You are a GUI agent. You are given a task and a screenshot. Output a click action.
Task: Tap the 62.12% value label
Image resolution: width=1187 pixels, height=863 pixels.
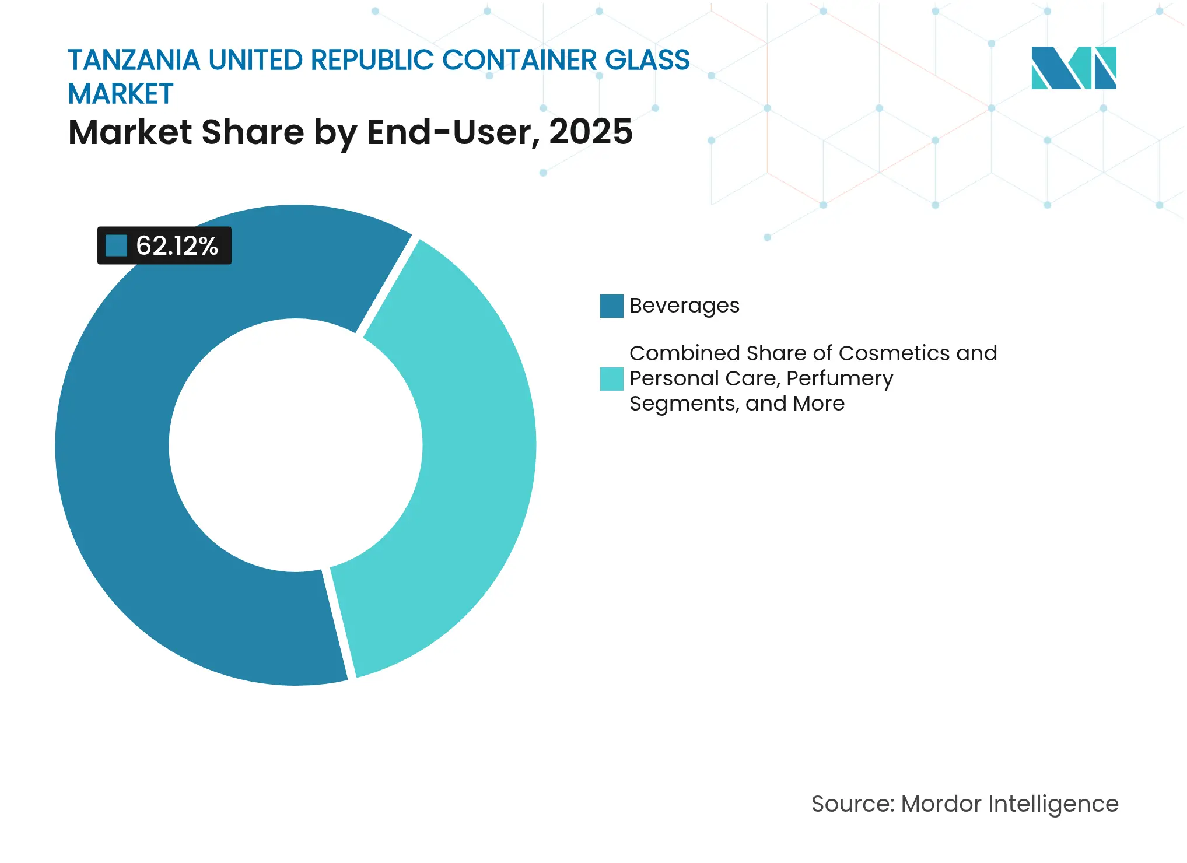[x=177, y=246]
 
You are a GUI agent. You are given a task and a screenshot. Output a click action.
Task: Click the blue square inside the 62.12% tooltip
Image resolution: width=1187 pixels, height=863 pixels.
[x=116, y=245]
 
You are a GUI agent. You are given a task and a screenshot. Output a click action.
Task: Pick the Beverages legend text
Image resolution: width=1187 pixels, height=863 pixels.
[x=684, y=306]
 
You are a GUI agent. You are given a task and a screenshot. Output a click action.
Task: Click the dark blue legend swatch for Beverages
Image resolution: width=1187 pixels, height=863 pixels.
[x=611, y=306]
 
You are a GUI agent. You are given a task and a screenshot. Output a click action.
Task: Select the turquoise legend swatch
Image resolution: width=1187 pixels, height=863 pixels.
[x=611, y=378]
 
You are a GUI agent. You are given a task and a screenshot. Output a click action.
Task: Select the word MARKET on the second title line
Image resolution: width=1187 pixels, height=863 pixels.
[x=121, y=94]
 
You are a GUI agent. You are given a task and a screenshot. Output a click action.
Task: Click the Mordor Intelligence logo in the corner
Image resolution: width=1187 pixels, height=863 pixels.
[x=1073, y=68]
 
